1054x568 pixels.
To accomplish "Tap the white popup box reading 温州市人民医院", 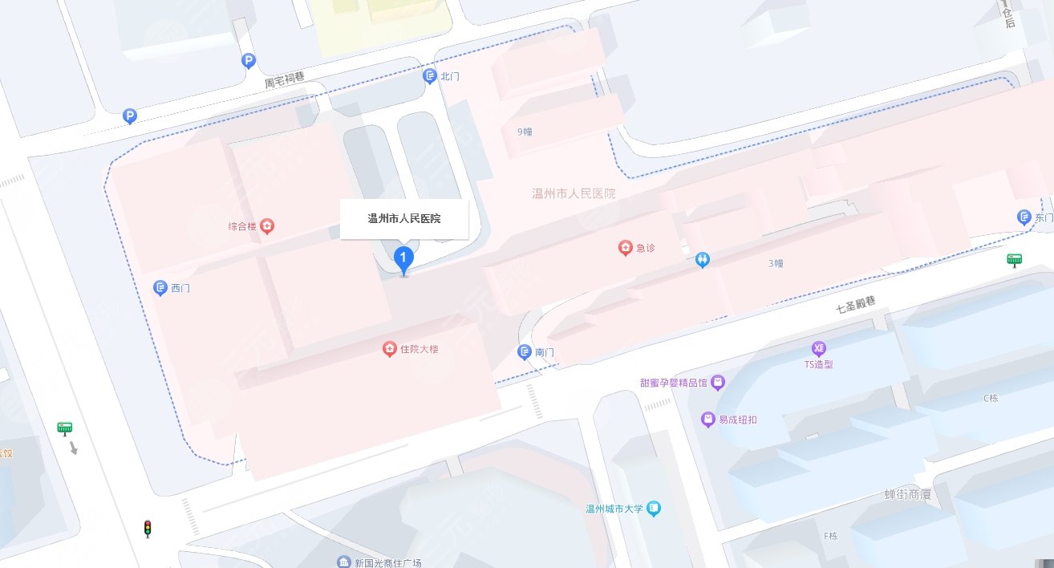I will [x=404, y=219].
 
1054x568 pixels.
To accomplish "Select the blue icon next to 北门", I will [x=429, y=75].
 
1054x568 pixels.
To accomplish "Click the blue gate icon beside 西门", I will [x=160, y=287].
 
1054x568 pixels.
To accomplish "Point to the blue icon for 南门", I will [x=524, y=352].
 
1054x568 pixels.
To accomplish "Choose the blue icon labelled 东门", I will [x=1024, y=217].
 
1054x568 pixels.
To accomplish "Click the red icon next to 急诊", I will [x=625, y=248].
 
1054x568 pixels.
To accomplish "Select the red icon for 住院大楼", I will [x=389, y=349].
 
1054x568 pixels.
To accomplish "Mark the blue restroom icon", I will [x=703, y=260].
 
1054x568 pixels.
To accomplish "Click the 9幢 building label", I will [x=525, y=132].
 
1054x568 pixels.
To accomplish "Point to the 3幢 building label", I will [x=776, y=263].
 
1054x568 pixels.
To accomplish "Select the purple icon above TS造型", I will [x=818, y=348].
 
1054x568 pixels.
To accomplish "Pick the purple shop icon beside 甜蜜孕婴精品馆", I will [x=718, y=383].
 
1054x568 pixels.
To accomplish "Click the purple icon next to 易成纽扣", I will [x=707, y=419].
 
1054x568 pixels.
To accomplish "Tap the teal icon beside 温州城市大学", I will [x=655, y=508].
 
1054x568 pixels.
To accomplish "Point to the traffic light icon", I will [x=147, y=529].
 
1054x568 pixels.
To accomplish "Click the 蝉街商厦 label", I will [x=908, y=494].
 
